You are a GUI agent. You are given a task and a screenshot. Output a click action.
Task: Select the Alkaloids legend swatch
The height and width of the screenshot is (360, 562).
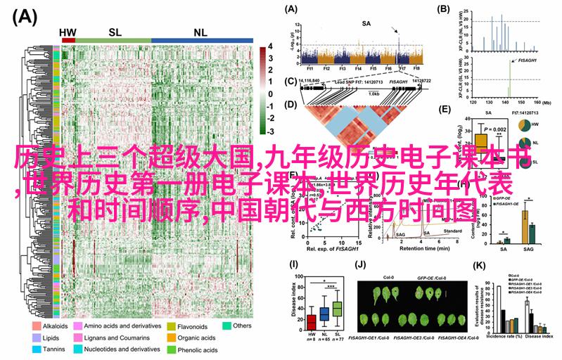(x=36, y=326)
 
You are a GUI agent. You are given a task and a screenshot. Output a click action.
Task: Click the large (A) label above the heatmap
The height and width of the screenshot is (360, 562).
(x=25, y=17)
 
